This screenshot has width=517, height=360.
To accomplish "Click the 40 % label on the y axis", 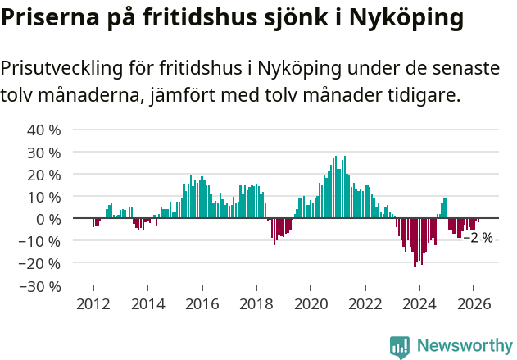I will click(x=44, y=130).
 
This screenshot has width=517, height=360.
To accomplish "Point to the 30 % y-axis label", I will click(x=44, y=153).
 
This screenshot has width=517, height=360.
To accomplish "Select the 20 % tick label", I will click(x=44, y=175).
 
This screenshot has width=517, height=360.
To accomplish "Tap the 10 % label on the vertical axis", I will click(x=44, y=197).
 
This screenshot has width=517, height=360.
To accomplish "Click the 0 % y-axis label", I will click(x=48, y=219).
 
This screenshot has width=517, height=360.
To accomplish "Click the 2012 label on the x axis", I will click(x=93, y=304).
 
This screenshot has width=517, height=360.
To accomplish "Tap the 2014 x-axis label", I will click(x=147, y=304).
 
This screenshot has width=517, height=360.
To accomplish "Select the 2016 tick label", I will click(x=202, y=304).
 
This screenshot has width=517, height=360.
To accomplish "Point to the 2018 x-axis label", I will click(x=256, y=304).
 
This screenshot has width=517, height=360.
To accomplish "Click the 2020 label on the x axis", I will click(x=311, y=304).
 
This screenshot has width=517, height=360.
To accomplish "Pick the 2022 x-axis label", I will click(x=365, y=304).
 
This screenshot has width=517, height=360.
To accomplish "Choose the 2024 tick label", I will click(x=419, y=304).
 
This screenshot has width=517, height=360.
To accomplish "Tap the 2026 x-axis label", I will click(x=474, y=304).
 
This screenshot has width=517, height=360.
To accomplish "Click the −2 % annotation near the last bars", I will click(x=478, y=238).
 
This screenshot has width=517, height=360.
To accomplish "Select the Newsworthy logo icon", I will click(x=400, y=347).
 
